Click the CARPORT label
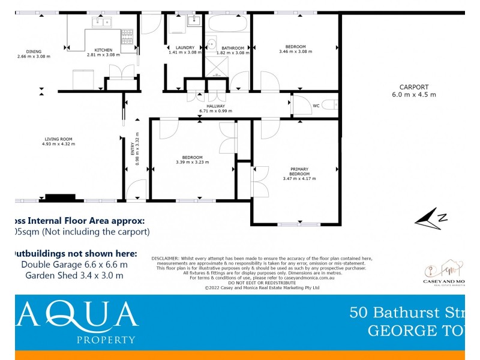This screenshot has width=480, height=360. tap(414, 87)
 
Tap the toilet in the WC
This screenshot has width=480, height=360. tap(329, 106)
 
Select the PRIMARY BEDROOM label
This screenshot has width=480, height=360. tap(299, 171)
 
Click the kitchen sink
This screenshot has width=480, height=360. tap(103, 23)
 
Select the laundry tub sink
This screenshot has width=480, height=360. tap(194, 22)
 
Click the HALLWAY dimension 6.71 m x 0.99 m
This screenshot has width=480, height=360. tap(215, 110)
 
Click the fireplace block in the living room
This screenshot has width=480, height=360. tap(61, 197)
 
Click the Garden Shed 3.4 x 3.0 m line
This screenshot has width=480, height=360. tap(74, 275)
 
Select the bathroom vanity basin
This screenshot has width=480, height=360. tap(212, 44)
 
